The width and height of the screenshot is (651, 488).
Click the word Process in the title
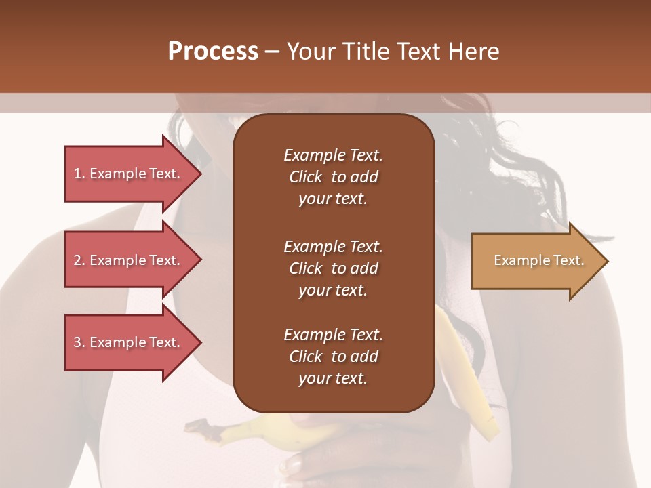(213, 52)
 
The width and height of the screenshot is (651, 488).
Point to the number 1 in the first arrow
(77, 174)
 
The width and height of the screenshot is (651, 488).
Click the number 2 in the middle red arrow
(77, 260)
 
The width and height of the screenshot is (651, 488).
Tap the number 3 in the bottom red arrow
(77, 342)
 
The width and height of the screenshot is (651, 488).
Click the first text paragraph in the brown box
(333, 177)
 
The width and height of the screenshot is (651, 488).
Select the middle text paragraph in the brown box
(333, 268)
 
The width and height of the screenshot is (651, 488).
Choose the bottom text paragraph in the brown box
(333, 357)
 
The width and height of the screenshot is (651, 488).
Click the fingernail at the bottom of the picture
(293, 464)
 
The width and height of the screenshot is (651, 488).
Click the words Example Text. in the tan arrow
(538, 260)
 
